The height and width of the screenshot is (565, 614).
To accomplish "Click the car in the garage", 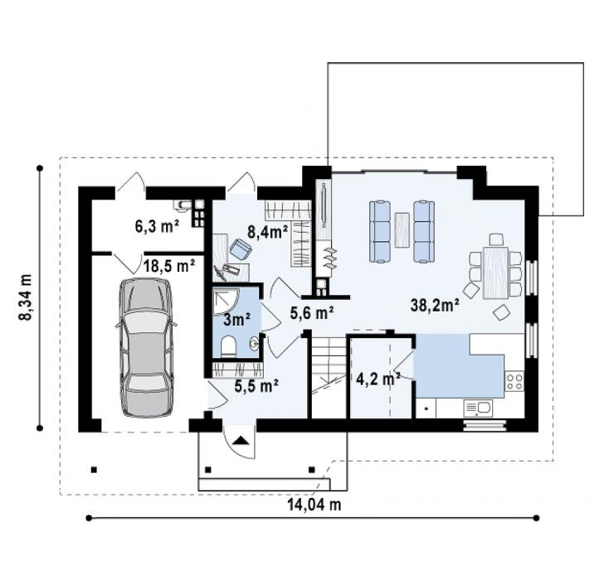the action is click(146, 347).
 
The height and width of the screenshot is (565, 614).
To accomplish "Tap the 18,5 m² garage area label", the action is click(168, 266).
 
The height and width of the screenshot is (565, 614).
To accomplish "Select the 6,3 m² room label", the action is click(157, 226).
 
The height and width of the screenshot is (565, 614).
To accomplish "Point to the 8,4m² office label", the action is click(268, 232).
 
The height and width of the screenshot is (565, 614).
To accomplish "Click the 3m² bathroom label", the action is click(237, 320).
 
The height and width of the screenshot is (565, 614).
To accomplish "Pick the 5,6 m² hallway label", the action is click(312, 313).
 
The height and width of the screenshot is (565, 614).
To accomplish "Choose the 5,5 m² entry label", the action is click(256, 385).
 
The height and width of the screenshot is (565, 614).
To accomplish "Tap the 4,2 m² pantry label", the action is click(378, 379).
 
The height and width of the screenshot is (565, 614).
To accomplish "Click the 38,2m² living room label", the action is click(435, 305).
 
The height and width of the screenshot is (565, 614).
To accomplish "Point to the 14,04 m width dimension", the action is click(314, 505).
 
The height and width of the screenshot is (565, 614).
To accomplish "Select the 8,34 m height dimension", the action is click(26, 297).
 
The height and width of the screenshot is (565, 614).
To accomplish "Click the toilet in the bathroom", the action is click(228, 346).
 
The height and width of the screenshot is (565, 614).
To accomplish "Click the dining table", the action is click(495, 273).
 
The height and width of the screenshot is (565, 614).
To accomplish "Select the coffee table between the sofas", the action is click(402, 230).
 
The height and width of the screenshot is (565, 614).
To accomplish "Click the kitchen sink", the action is click(478, 408).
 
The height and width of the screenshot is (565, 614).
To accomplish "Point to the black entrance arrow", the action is click(240, 441).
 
